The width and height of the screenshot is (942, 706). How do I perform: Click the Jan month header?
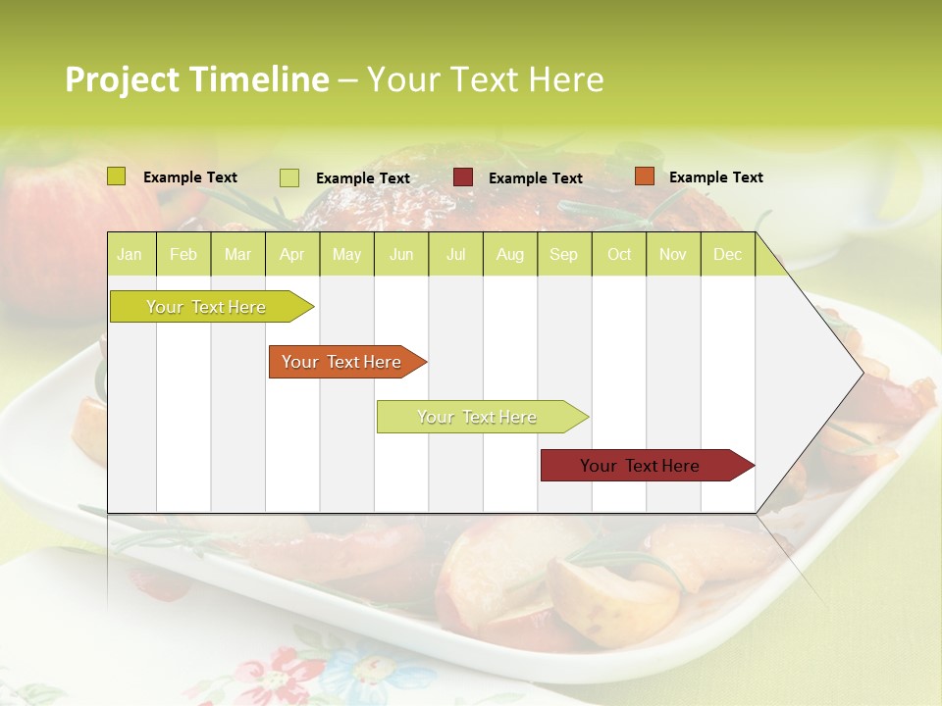point(130,255)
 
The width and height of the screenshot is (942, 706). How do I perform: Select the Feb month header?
point(183,255)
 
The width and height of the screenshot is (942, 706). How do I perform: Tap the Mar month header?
point(237,255)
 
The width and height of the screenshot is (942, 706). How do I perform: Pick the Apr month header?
point(292,255)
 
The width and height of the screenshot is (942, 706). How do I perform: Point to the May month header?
point(346,255)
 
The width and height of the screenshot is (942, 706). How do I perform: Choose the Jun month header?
point(401,255)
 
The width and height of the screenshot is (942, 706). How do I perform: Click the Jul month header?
point(455,255)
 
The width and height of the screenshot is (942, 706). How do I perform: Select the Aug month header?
point(510,255)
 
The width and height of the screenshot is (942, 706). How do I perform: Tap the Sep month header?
point(564,255)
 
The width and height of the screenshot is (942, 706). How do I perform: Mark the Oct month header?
point(619,255)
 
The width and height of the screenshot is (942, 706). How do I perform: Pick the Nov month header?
point(673,255)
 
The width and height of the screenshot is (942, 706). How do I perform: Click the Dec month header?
point(728,255)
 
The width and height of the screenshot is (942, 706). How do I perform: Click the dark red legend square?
point(463,177)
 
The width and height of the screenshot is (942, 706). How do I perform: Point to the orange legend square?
point(644,176)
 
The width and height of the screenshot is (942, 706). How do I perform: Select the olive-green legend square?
point(117,176)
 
